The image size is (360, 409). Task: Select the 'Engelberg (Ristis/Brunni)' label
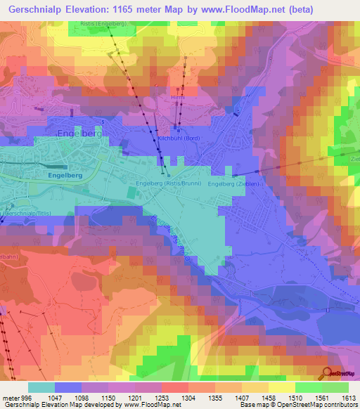[169, 183]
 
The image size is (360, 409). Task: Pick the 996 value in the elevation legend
[27, 397]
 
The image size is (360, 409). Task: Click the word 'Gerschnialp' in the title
[35, 9]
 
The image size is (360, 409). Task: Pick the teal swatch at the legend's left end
[41, 387]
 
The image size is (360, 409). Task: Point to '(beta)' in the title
[294, 9]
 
